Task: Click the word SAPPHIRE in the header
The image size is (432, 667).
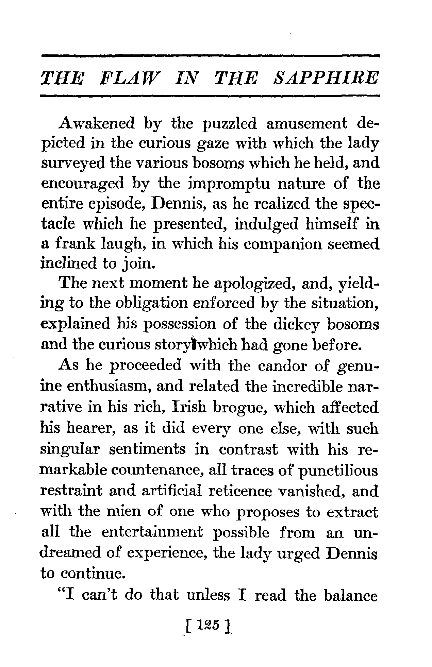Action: [326, 78]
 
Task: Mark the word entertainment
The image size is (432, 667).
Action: [152, 532]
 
